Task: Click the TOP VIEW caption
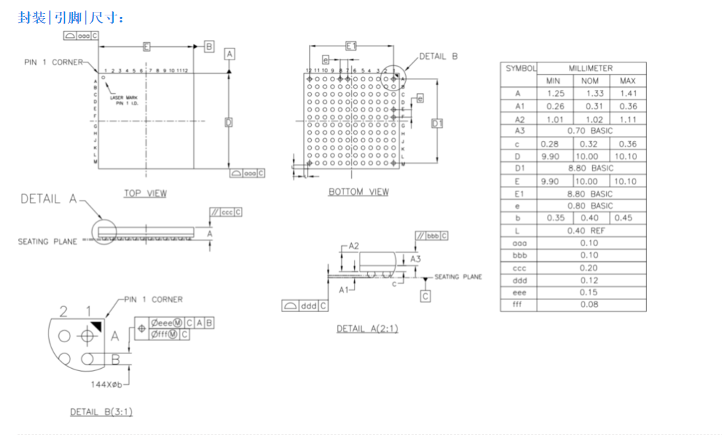[145, 193]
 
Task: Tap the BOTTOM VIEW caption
[358, 191]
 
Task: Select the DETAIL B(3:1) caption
[101, 412]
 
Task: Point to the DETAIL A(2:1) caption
[367, 328]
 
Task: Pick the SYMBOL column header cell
[520, 68]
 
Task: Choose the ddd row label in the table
[519, 280]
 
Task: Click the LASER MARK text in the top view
[129, 97]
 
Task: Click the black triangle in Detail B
[96, 325]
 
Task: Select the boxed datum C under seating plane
[426, 296]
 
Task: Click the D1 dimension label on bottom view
[438, 123]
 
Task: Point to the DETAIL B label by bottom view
[438, 56]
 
